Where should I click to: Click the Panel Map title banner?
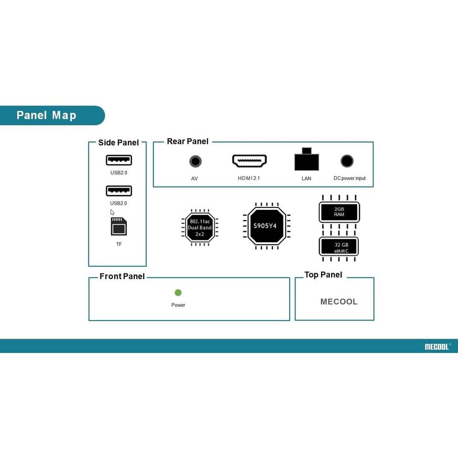46,115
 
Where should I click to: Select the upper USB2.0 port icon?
119,160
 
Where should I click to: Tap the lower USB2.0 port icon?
119,191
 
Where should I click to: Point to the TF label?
119,244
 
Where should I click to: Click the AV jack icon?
195,161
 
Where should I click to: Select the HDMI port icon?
250,161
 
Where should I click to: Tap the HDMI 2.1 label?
249,178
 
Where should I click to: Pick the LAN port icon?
306,160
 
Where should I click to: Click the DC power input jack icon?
347,161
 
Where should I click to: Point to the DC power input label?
349,178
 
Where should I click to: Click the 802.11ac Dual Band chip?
200,228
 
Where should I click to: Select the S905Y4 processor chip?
265,226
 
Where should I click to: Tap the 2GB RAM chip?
339,212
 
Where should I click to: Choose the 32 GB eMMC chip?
339,247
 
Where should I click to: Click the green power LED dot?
178,292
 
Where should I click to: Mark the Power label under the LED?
178,305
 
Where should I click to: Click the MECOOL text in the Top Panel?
339,302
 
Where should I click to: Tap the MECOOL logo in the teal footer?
437,347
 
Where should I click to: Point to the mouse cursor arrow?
112,212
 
